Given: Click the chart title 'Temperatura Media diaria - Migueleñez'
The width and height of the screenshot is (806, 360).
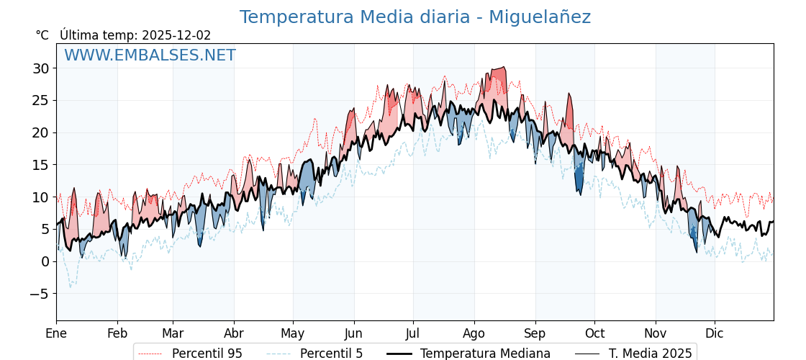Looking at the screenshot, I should [x=415, y=17].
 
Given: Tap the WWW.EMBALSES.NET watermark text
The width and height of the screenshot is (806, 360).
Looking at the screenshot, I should [x=150, y=55].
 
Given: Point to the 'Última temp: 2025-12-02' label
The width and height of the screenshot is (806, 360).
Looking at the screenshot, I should [x=135, y=35].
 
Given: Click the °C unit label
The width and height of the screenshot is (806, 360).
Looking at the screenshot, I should [x=42, y=35].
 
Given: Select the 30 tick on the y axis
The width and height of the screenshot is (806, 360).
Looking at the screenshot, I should [x=40, y=68].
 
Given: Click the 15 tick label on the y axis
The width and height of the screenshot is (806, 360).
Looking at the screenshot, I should [x=40, y=165].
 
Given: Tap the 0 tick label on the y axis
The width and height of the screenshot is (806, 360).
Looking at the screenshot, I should [x=45, y=261].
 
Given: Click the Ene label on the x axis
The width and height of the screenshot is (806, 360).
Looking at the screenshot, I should [x=56, y=333].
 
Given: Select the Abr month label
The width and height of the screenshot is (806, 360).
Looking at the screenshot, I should [x=234, y=333].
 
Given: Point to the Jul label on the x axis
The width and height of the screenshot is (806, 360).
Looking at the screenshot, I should [x=413, y=333].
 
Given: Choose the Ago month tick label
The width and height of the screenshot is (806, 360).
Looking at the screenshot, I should [x=474, y=333].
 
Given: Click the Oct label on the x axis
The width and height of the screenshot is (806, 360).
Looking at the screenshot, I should [x=594, y=333].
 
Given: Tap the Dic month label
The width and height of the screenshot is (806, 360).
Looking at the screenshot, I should [x=715, y=333].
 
